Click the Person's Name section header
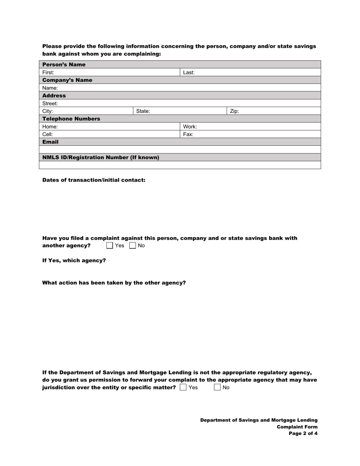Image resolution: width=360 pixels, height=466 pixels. tap(64, 65)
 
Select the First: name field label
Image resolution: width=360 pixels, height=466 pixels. tap(48, 72)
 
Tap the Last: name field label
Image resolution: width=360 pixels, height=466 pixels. tap(189, 72)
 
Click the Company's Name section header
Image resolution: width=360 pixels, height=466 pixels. tap(67, 80)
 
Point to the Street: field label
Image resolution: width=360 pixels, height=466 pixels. tap(50, 103)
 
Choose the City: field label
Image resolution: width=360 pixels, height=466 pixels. tap(47, 111)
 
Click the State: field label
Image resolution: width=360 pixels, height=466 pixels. tap(143, 111)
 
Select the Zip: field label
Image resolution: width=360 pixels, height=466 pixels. tap(234, 111)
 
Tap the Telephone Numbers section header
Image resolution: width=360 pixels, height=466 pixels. tap(71, 119)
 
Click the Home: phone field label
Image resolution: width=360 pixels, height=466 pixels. tap(50, 127)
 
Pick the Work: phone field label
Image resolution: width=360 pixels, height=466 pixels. tap(190, 127)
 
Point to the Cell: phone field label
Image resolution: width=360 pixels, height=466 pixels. tap(47, 134)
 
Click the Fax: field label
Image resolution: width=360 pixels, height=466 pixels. tap(188, 134)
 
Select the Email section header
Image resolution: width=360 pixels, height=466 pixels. tap(50, 142)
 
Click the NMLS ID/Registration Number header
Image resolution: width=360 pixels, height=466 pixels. tap(101, 158)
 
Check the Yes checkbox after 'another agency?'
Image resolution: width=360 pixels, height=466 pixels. tap(110, 246)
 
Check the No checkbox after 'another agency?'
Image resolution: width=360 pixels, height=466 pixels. tap(133, 246)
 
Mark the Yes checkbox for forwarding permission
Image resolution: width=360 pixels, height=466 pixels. tap(183, 388)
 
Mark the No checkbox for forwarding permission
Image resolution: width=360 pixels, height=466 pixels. tap(218, 388)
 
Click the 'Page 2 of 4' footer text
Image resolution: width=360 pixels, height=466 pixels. tap(303, 434)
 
